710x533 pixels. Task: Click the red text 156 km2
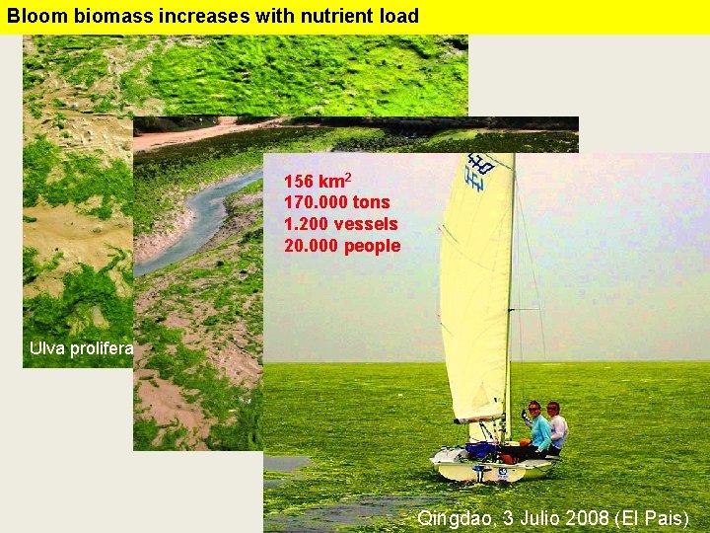(317, 182)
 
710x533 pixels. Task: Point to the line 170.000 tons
(336, 203)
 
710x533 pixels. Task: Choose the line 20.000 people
(342, 246)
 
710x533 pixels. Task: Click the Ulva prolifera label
(82, 347)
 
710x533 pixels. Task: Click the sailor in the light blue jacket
(538, 431)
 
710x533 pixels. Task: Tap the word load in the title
(395, 16)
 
